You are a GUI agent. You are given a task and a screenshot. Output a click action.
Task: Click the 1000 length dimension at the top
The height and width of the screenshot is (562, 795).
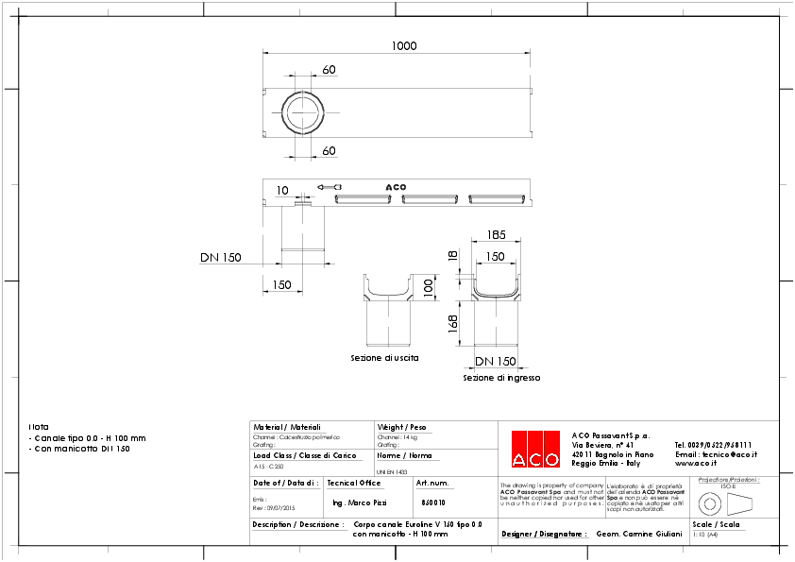404,46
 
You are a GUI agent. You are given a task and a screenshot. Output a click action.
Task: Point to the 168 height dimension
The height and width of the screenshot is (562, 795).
453,324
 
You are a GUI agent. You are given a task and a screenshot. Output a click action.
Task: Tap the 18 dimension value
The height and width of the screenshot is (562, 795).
453,257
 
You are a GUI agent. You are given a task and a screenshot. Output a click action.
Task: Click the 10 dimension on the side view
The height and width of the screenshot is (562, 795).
282,190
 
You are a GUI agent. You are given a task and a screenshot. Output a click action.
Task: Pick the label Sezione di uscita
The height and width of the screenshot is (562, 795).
384,359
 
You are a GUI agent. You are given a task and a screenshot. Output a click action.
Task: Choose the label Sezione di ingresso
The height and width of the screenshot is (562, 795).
501,378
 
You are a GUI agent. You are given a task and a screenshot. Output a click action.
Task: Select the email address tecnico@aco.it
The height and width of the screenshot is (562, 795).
717,453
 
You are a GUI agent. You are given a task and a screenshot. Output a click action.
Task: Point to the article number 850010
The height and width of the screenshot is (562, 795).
432,502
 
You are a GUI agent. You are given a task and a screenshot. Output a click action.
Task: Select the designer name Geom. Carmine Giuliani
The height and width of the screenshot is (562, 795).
639,534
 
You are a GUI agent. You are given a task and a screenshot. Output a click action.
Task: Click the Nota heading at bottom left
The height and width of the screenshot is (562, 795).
39,427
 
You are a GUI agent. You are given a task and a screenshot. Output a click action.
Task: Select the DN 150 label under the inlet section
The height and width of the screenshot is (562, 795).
495,362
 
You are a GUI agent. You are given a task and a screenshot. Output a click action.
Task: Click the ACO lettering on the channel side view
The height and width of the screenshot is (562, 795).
396,187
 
